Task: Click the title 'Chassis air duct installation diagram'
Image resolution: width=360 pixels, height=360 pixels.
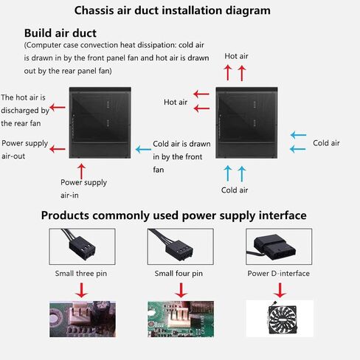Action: (x=173, y=10)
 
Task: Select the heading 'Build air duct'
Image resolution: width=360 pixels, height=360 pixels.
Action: (x=60, y=33)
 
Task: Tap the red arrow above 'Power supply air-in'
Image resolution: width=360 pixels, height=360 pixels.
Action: (x=81, y=172)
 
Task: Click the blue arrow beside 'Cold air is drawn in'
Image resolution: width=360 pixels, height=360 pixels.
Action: (x=143, y=149)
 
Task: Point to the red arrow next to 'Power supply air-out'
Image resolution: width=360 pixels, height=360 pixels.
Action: (x=58, y=149)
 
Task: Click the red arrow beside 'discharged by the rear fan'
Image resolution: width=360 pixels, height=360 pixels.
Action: (x=58, y=107)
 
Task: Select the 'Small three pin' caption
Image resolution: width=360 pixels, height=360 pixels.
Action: (x=81, y=274)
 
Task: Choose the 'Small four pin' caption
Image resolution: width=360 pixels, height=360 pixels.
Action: (x=179, y=274)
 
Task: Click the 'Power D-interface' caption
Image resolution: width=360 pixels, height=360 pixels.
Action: (x=278, y=274)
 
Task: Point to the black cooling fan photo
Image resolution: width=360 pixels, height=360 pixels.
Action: (x=282, y=318)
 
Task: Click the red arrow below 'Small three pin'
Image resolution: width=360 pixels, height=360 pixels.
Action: (x=81, y=291)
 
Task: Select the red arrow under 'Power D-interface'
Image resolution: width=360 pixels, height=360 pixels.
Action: (x=280, y=291)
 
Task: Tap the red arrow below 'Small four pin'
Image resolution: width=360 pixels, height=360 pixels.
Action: (x=181, y=291)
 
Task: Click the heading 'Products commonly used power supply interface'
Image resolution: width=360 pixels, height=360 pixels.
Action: (x=173, y=215)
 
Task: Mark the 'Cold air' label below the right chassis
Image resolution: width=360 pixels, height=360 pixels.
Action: (x=235, y=190)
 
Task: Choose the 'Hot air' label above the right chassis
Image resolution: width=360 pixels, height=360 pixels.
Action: (x=236, y=56)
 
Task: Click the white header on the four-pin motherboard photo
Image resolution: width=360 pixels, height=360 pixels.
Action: (x=179, y=317)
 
